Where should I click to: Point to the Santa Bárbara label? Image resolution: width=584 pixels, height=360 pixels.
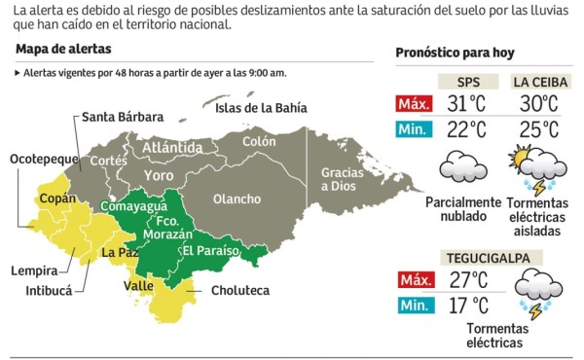click(x=122, y=118)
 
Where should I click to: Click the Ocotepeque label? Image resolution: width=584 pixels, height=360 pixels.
click(x=42, y=158)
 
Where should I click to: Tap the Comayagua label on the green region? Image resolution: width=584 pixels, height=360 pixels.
click(x=132, y=206)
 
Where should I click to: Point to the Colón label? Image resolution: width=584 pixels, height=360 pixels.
click(x=260, y=141)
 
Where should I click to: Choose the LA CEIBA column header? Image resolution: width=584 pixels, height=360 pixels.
click(x=536, y=82)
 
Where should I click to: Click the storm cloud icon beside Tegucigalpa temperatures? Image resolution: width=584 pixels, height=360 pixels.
click(x=533, y=291)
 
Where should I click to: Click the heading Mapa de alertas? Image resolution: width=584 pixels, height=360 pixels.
click(x=63, y=49)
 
